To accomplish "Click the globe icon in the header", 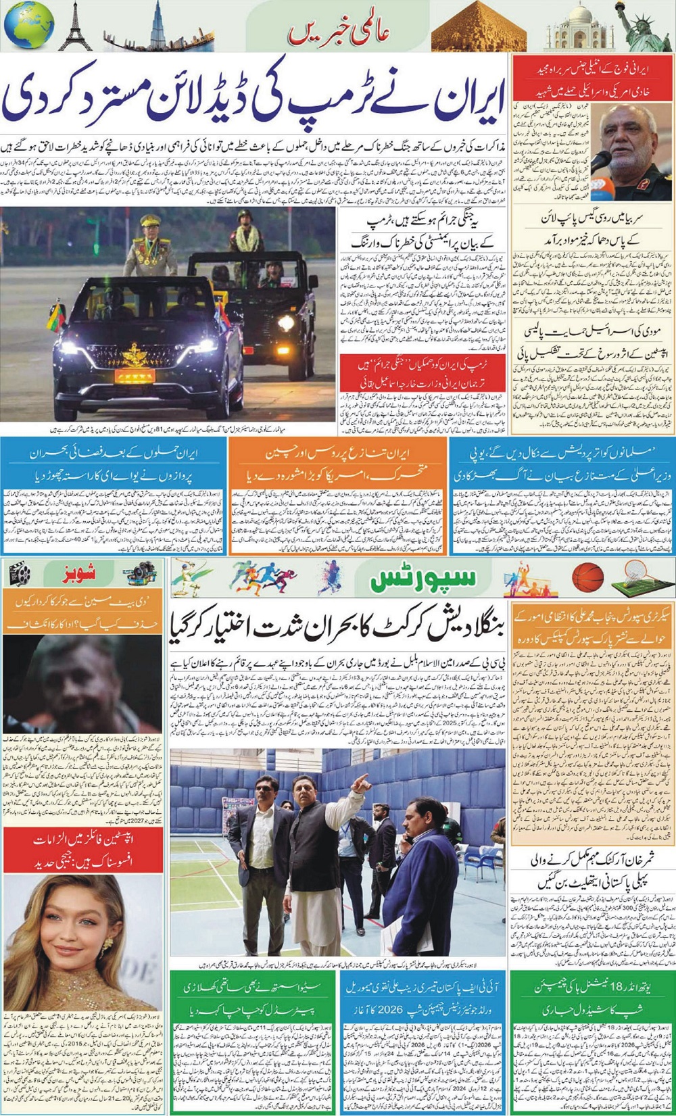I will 28,25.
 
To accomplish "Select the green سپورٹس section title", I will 424,579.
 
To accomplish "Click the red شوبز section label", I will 79,575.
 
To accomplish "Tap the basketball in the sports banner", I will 587,579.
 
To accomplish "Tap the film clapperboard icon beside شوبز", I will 20,575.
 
